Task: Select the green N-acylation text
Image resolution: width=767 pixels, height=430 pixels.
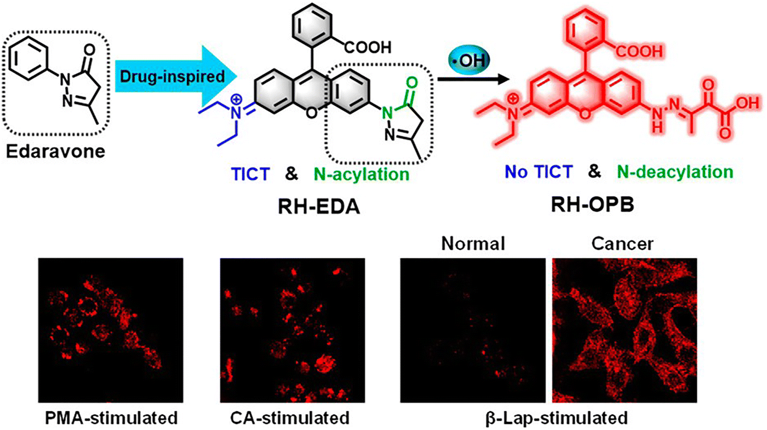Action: point(362,175)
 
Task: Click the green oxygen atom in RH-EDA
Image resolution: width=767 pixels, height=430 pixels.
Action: point(411,85)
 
